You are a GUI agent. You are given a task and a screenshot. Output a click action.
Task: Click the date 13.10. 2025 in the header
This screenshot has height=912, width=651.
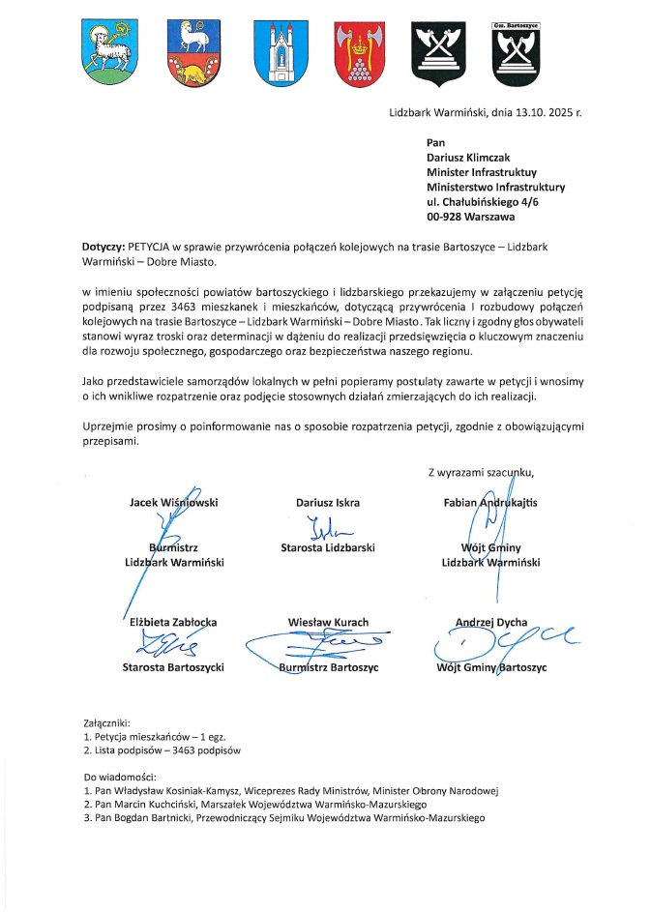(530, 113)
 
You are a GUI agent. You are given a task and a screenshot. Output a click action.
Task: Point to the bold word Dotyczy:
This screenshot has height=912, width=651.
(104, 247)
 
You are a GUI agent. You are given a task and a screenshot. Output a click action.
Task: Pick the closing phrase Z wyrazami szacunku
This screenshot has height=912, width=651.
(480, 472)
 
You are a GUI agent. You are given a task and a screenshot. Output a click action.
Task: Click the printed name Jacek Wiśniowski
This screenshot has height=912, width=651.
(174, 502)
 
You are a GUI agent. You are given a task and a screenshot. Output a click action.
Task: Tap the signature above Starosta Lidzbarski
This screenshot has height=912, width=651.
(325, 528)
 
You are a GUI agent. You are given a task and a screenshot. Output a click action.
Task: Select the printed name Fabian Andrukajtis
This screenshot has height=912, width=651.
(490, 502)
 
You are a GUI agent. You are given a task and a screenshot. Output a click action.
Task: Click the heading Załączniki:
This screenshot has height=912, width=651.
(113, 722)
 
